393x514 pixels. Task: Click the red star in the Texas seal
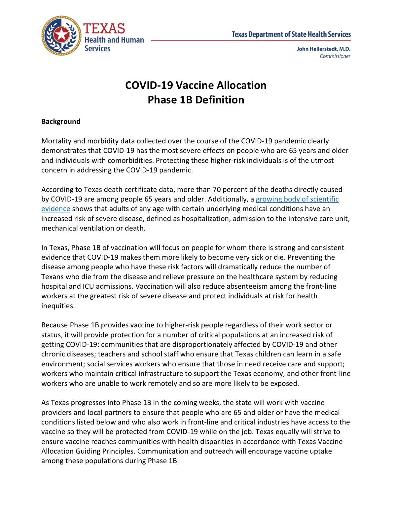(x=61, y=35)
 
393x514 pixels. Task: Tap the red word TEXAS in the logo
(x=104, y=29)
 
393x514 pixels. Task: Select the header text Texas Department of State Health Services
(x=291, y=34)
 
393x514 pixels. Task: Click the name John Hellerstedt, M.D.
(x=323, y=49)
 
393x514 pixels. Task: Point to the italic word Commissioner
(x=335, y=56)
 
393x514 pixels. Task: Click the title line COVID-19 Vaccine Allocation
(x=196, y=85)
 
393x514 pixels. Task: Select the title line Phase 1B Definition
(x=196, y=100)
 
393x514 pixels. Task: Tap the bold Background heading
(x=61, y=122)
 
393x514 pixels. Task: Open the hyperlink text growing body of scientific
(x=297, y=199)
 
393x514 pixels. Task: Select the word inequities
(x=58, y=306)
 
